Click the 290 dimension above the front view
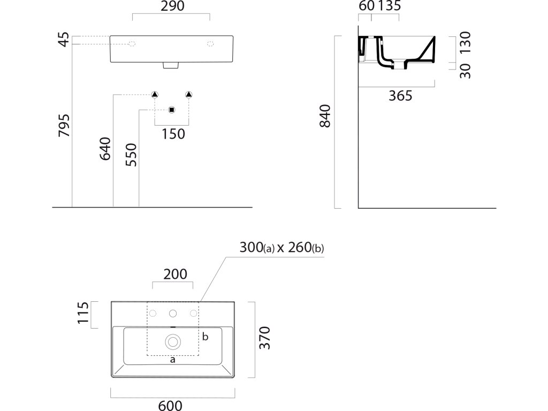pos(171,6)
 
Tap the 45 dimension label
pos(64,40)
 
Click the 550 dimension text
pos(131,155)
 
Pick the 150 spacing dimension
pos(173,134)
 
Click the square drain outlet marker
pos(171,110)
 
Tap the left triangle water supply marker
pos(155,95)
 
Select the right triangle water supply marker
pos(188,95)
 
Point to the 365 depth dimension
pos(400,96)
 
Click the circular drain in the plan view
pos(173,340)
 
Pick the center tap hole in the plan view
pos(173,313)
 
